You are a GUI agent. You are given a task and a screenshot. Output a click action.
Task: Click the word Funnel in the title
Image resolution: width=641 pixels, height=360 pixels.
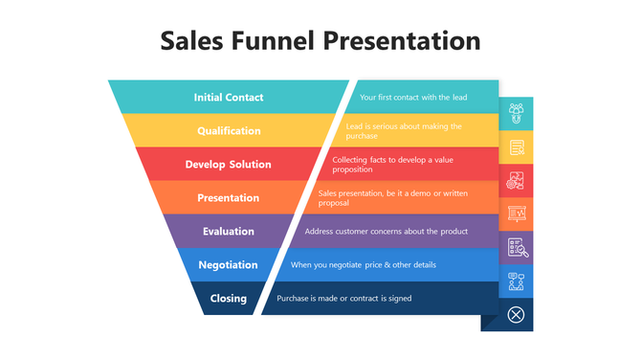271,41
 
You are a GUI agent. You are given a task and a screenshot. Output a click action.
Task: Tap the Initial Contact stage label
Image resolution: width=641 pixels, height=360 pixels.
229,98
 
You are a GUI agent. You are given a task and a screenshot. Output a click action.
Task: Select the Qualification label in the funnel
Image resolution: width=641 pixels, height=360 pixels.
229,131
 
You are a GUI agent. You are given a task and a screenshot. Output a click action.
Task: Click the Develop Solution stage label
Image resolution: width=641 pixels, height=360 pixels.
229,165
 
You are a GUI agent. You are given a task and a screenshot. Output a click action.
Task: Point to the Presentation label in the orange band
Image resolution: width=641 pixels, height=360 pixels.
229,198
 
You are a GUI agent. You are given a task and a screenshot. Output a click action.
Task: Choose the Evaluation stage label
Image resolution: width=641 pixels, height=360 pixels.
229,232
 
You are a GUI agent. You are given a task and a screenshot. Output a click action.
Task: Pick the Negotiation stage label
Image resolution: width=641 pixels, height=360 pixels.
229,265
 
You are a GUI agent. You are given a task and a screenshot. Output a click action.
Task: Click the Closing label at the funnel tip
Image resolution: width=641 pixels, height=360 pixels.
229,299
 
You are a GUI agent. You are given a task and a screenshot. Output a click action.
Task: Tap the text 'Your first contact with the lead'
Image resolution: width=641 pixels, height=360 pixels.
413,98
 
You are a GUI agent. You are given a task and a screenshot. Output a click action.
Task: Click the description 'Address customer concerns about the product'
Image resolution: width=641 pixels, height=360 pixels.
387,232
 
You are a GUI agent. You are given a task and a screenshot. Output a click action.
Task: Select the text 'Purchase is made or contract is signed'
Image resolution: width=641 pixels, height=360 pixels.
344,299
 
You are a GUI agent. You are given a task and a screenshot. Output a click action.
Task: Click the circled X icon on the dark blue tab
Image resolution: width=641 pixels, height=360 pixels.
517,314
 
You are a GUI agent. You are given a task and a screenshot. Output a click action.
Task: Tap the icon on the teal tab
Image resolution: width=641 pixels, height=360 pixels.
517,113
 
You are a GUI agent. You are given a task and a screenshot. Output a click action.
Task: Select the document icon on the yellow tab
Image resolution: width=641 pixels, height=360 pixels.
517,147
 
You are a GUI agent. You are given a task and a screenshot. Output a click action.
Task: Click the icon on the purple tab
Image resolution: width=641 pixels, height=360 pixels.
517,248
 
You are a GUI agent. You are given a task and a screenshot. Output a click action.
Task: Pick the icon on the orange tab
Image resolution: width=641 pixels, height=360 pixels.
517,214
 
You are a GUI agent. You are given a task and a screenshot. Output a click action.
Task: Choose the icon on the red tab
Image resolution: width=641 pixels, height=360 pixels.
517,180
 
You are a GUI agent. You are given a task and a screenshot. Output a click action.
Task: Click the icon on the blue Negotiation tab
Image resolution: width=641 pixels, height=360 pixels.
517,281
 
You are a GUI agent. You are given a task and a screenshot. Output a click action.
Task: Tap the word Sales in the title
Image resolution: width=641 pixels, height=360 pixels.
191,41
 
